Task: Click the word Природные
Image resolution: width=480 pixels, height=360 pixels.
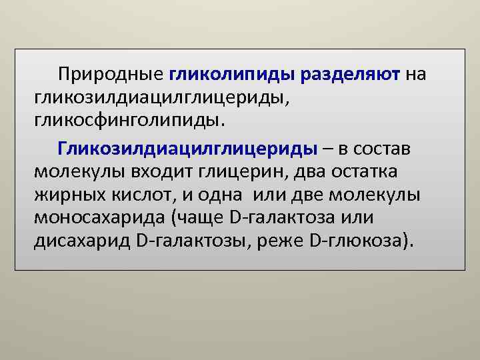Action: point(111,74)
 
